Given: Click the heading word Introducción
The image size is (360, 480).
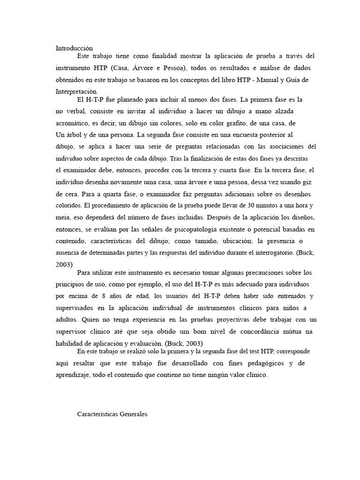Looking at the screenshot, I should pyautogui.click(x=74, y=48).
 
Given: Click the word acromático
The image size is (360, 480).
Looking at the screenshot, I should pyautogui.click(x=73, y=123).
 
